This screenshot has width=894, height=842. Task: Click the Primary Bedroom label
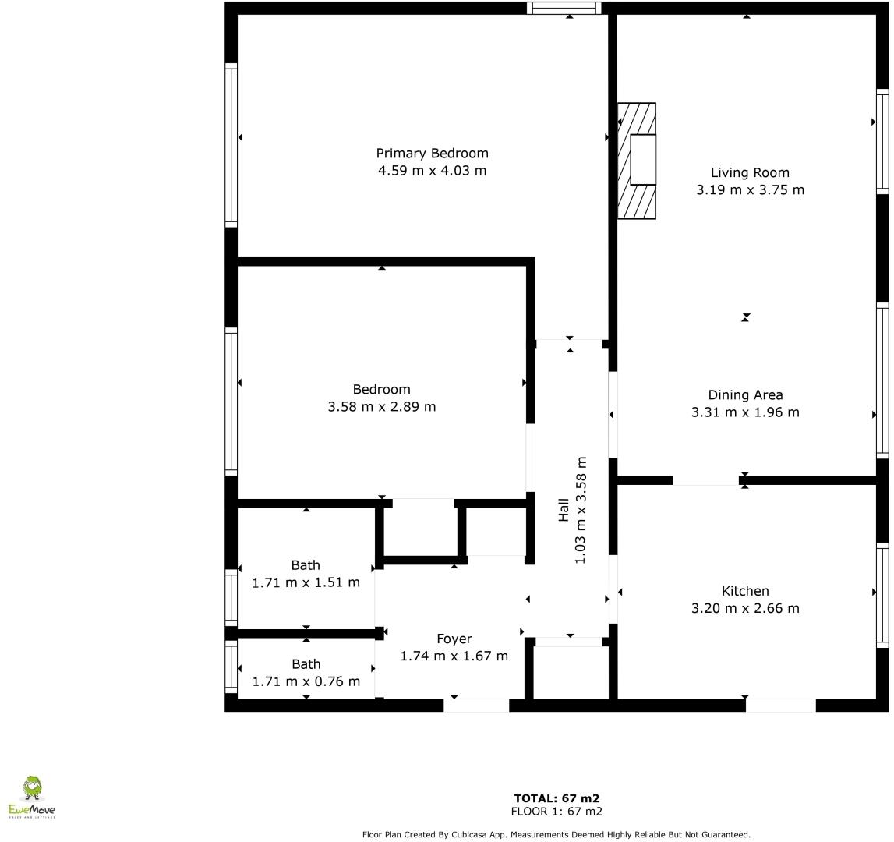tap(432, 154)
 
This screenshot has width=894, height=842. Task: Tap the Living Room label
tap(749, 173)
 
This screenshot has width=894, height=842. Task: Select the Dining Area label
tap(745, 395)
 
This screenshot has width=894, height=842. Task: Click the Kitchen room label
tap(745, 591)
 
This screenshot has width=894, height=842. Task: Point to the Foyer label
tap(454, 639)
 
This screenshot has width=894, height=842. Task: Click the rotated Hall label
tap(564, 511)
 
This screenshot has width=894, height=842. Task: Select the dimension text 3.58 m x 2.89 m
tap(381, 406)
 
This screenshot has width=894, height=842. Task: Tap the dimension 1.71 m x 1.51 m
tap(306, 582)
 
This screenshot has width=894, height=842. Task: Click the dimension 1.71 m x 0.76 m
tap(306, 681)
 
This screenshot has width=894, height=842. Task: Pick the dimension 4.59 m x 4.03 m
tap(432, 171)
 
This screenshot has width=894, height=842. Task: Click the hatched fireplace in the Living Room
tap(637, 161)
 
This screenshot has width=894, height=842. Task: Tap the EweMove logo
tap(32, 798)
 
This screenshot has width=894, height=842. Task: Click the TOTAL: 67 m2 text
tap(557, 798)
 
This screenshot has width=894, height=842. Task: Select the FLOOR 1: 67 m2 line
tap(557, 812)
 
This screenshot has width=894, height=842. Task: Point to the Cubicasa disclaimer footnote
tap(557, 834)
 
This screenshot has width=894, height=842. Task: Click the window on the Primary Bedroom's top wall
tap(564, 9)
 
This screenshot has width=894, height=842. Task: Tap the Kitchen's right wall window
tap(882, 594)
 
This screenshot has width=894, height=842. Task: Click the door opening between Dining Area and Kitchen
tap(705, 480)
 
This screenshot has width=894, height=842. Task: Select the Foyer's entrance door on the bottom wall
tap(476, 705)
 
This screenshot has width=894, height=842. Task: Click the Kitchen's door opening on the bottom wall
tap(780, 705)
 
